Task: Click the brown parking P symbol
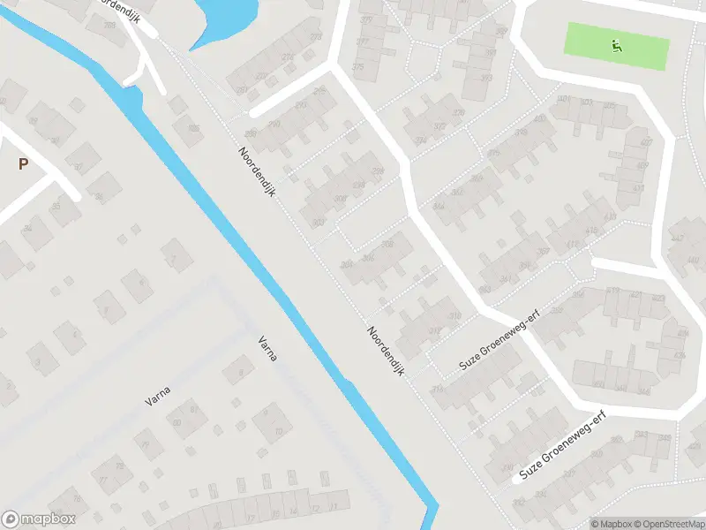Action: pyautogui.click(x=23, y=163)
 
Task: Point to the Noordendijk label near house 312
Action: pyautogui.click(x=387, y=352)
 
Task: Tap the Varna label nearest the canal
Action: pyautogui.click(x=267, y=349)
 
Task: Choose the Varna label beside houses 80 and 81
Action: pyautogui.click(x=158, y=395)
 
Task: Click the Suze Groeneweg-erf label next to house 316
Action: pyautogui.click(x=499, y=341)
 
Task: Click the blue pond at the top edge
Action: pyautogui.click(x=226, y=18)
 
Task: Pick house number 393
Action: pyautogui.click(x=486, y=78)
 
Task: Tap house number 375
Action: pyautogui.click(x=357, y=67)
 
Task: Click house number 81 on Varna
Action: pyautogui.click(x=194, y=409)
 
